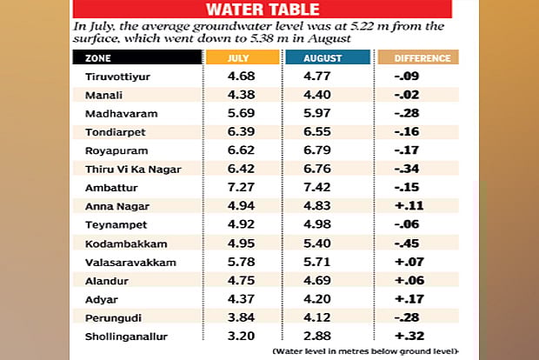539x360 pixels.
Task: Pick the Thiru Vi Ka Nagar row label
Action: click(123, 170)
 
